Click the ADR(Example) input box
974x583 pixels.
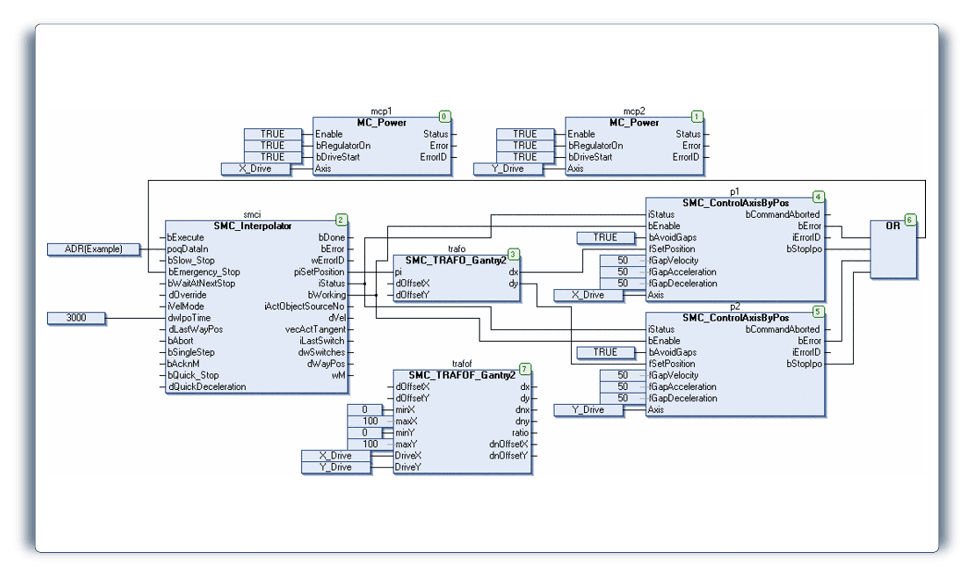(x=94, y=249)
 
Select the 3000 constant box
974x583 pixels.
(x=76, y=318)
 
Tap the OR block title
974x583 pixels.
(x=893, y=226)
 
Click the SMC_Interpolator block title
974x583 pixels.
(x=252, y=226)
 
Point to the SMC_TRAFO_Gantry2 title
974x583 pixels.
(x=455, y=260)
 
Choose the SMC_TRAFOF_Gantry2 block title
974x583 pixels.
(x=462, y=375)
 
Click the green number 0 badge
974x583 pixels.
(x=444, y=117)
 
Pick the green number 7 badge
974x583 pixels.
(x=525, y=369)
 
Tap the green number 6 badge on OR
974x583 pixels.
(x=910, y=220)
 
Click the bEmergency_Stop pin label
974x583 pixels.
(x=204, y=272)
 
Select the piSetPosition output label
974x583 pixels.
(x=319, y=272)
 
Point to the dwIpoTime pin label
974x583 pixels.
(x=189, y=318)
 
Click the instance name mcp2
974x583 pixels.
(x=634, y=111)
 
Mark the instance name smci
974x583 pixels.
(x=252, y=215)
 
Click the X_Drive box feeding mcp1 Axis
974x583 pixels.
(x=255, y=169)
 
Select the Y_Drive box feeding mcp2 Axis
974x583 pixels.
(x=508, y=169)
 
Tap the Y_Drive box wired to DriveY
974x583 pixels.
(x=336, y=467)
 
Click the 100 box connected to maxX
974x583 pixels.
(x=365, y=421)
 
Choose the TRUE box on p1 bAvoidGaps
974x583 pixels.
(x=606, y=238)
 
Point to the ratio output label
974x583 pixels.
(x=520, y=433)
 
